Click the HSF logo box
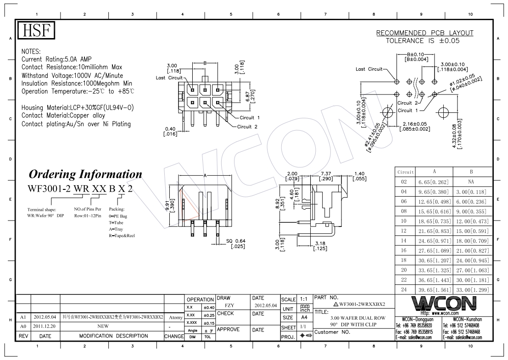(36, 31)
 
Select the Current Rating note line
(56, 59)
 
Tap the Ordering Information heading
(85, 174)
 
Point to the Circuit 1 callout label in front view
(250, 117)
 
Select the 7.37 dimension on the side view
(326, 176)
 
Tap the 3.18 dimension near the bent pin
(320, 246)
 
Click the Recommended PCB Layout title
(425, 33)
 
